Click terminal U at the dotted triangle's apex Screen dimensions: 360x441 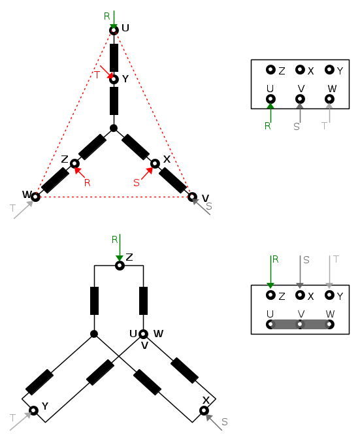(x=114, y=30)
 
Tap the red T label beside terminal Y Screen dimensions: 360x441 (x=97, y=75)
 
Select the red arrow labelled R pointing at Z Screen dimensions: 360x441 (x=80, y=172)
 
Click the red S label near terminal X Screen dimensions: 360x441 (x=137, y=183)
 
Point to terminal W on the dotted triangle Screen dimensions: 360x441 (x=35, y=197)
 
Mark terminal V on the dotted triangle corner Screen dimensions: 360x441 (x=192, y=197)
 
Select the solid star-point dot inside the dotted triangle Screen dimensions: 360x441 (x=113, y=128)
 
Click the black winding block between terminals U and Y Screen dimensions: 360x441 (x=114, y=57)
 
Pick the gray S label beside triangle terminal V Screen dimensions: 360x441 (x=208, y=206)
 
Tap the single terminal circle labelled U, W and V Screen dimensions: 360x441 (x=144, y=334)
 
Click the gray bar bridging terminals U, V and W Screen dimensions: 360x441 (x=300, y=324)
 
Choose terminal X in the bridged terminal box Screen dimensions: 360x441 (x=300, y=295)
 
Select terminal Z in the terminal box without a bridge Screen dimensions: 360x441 (x=270, y=69)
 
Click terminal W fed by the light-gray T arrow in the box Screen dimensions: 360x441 (x=329, y=99)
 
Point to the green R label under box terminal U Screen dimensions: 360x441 (x=267, y=126)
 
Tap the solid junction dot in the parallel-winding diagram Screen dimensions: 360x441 (x=94, y=334)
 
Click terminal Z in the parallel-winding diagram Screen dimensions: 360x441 (x=120, y=265)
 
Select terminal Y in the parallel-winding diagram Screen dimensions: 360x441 (x=33, y=411)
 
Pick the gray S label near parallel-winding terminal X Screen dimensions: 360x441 (x=225, y=422)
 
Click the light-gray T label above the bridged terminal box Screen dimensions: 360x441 (x=336, y=259)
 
